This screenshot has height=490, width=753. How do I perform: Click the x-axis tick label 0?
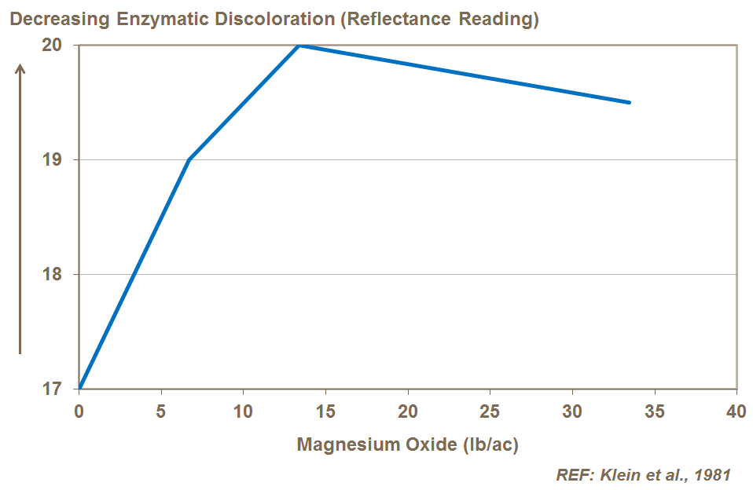79,411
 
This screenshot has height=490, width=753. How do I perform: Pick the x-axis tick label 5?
161,411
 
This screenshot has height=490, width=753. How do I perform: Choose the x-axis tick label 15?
325,411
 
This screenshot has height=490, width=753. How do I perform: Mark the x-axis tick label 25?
490,411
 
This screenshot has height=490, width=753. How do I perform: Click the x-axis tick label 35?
654,411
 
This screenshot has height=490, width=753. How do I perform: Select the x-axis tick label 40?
736,411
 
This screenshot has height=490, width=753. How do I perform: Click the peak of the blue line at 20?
299,46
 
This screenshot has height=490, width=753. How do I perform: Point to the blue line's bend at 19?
189,159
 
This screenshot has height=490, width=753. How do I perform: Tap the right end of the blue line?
629,102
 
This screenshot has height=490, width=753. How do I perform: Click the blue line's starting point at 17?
79,388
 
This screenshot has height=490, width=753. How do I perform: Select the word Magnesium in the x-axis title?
340,444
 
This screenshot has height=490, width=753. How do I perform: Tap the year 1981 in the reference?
711,474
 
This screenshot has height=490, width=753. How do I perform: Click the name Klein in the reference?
619,474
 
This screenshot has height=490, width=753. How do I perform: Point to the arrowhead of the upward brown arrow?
20,68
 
